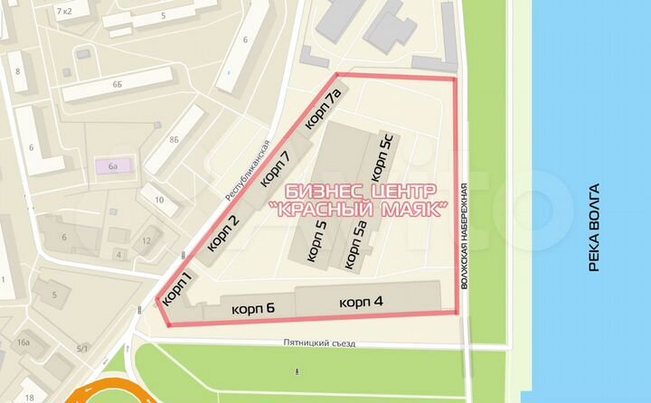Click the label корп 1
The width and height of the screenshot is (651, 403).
pyautogui.click(x=178, y=286)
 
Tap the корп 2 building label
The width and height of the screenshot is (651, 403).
pyautogui.click(x=223, y=232)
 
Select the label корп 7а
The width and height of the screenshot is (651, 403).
pyautogui.click(x=323, y=108)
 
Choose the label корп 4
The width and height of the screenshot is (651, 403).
pyautogui.click(x=362, y=301)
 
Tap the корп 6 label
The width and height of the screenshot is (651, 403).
pyautogui.click(x=253, y=308)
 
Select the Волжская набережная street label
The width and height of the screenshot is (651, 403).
pyautogui.click(x=464, y=235)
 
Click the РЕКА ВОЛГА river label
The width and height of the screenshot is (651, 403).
pyautogui.click(x=594, y=229)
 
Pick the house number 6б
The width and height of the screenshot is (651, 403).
pyautogui.click(x=118, y=83)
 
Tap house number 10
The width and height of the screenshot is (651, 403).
pyautogui.click(x=159, y=200)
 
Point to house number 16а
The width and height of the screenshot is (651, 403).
pyautogui.click(x=24, y=342)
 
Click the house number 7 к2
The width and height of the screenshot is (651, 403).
pyautogui.click(x=64, y=11)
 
